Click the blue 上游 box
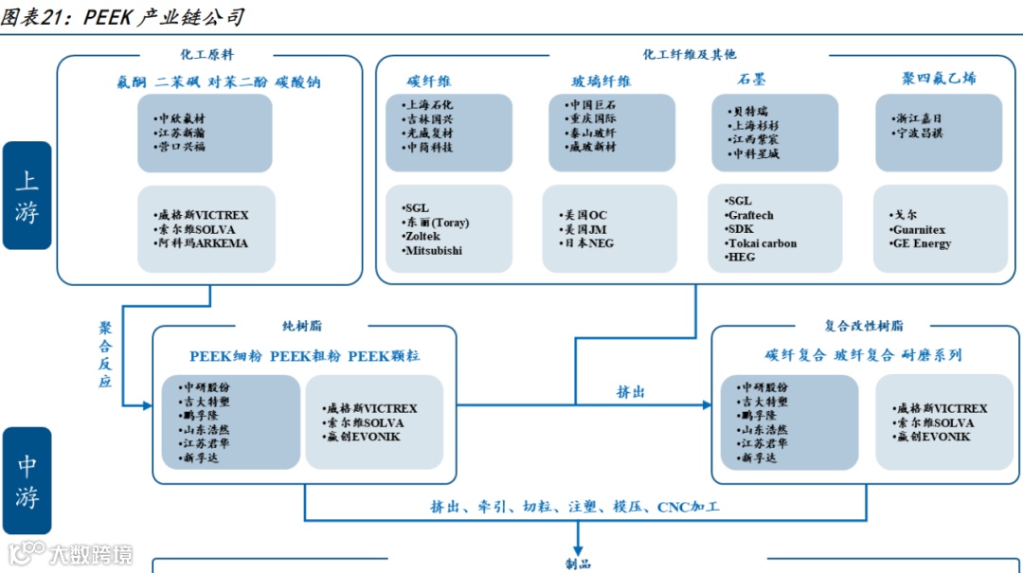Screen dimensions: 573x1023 pos(27,195)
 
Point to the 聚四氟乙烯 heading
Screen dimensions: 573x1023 pos(939,79)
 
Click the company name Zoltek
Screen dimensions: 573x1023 pos(423,237)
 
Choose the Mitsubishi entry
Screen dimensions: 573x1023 pos(434,251)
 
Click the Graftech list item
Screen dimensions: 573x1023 pos(751,216)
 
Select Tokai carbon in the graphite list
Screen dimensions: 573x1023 pos(763,243)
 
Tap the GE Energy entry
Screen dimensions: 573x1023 pos(921,243)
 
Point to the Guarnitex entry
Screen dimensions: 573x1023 pos(918,230)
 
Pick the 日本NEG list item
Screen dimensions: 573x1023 pos(589,243)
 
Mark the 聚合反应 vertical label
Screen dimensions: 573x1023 pos(105,354)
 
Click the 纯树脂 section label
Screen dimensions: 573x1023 pos(302,325)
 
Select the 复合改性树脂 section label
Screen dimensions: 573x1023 pos(864,325)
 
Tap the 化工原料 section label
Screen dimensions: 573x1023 pos(207,55)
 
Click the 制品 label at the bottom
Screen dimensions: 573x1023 pos(578,564)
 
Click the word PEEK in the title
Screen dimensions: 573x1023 pos(111,17)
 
